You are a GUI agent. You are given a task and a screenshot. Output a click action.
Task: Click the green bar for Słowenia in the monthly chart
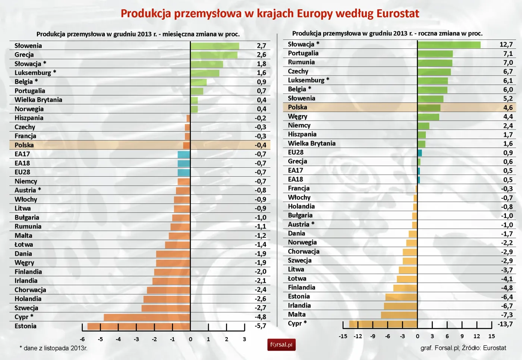pyautogui.click(x=215, y=46)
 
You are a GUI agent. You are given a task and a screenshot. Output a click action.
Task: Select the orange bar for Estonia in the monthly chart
pyautogui.click(x=139, y=326)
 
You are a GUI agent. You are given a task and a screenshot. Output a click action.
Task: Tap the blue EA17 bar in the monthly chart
pyautogui.click(x=184, y=154)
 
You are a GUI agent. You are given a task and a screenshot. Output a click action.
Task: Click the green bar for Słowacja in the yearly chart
pyautogui.click(x=449, y=45)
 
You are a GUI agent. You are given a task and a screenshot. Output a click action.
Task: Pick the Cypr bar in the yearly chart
pyautogui.click(x=383, y=324)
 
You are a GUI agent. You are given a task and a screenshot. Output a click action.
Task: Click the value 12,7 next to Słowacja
pyautogui.click(x=506, y=45)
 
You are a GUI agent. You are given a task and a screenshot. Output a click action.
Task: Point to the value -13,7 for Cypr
pyautogui.click(x=505, y=324)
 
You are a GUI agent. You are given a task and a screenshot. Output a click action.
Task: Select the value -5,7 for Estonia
pyautogui.click(x=261, y=326)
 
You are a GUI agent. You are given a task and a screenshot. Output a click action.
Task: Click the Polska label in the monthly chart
pyautogui.click(x=24, y=145)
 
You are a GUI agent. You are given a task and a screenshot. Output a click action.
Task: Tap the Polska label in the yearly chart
pyautogui.click(x=298, y=107)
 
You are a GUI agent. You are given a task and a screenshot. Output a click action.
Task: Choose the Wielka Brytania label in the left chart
pyautogui.click(x=38, y=100)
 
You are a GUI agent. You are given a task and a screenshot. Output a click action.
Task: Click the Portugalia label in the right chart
pyautogui.click(x=303, y=53)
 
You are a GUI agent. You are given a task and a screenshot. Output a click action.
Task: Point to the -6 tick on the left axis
pyautogui.click(x=82, y=340)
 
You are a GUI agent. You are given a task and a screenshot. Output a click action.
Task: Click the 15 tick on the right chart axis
pyautogui.click(x=491, y=336)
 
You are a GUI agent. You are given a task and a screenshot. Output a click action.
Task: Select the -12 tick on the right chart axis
pyautogui.click(x=358, y=336)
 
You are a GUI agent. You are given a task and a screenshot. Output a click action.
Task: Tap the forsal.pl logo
pyautogui.click(x=281, y=345)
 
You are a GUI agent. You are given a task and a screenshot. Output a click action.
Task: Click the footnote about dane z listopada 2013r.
pyautogui.click(x=54, y=348)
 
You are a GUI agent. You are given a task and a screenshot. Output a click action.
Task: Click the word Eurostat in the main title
pyautogui.click(x=397, y=14)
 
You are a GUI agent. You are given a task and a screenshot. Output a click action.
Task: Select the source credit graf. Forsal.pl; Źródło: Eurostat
pyautogui.click(x=463, y=348)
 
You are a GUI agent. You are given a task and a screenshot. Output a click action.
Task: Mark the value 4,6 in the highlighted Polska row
pyautogui.click(x=508, y=108)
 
